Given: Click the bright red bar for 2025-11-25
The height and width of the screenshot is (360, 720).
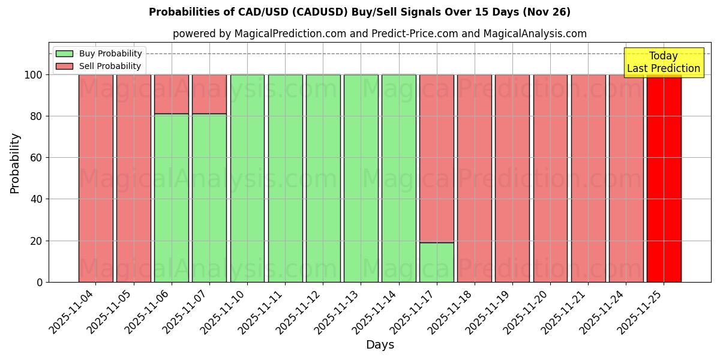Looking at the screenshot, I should point(664,180).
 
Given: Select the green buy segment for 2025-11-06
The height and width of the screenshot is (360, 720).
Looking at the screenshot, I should point(172,198).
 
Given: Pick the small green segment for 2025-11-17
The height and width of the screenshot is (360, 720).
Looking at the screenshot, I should point(437,262).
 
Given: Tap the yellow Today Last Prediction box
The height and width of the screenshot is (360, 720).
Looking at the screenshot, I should point(663,62).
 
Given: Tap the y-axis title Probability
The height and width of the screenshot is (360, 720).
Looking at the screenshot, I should point(15,163).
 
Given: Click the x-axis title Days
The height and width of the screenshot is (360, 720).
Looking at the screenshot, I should point(380,345).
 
